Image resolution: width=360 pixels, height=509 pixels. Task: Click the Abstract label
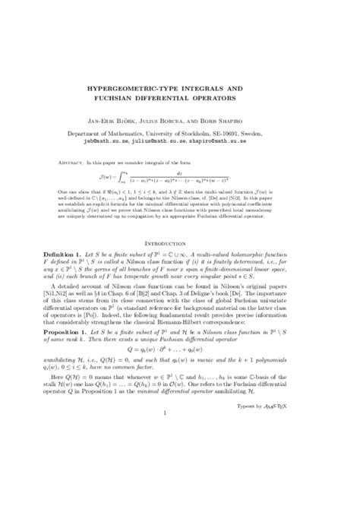point(69,163)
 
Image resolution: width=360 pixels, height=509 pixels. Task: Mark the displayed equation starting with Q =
point(179,375)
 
